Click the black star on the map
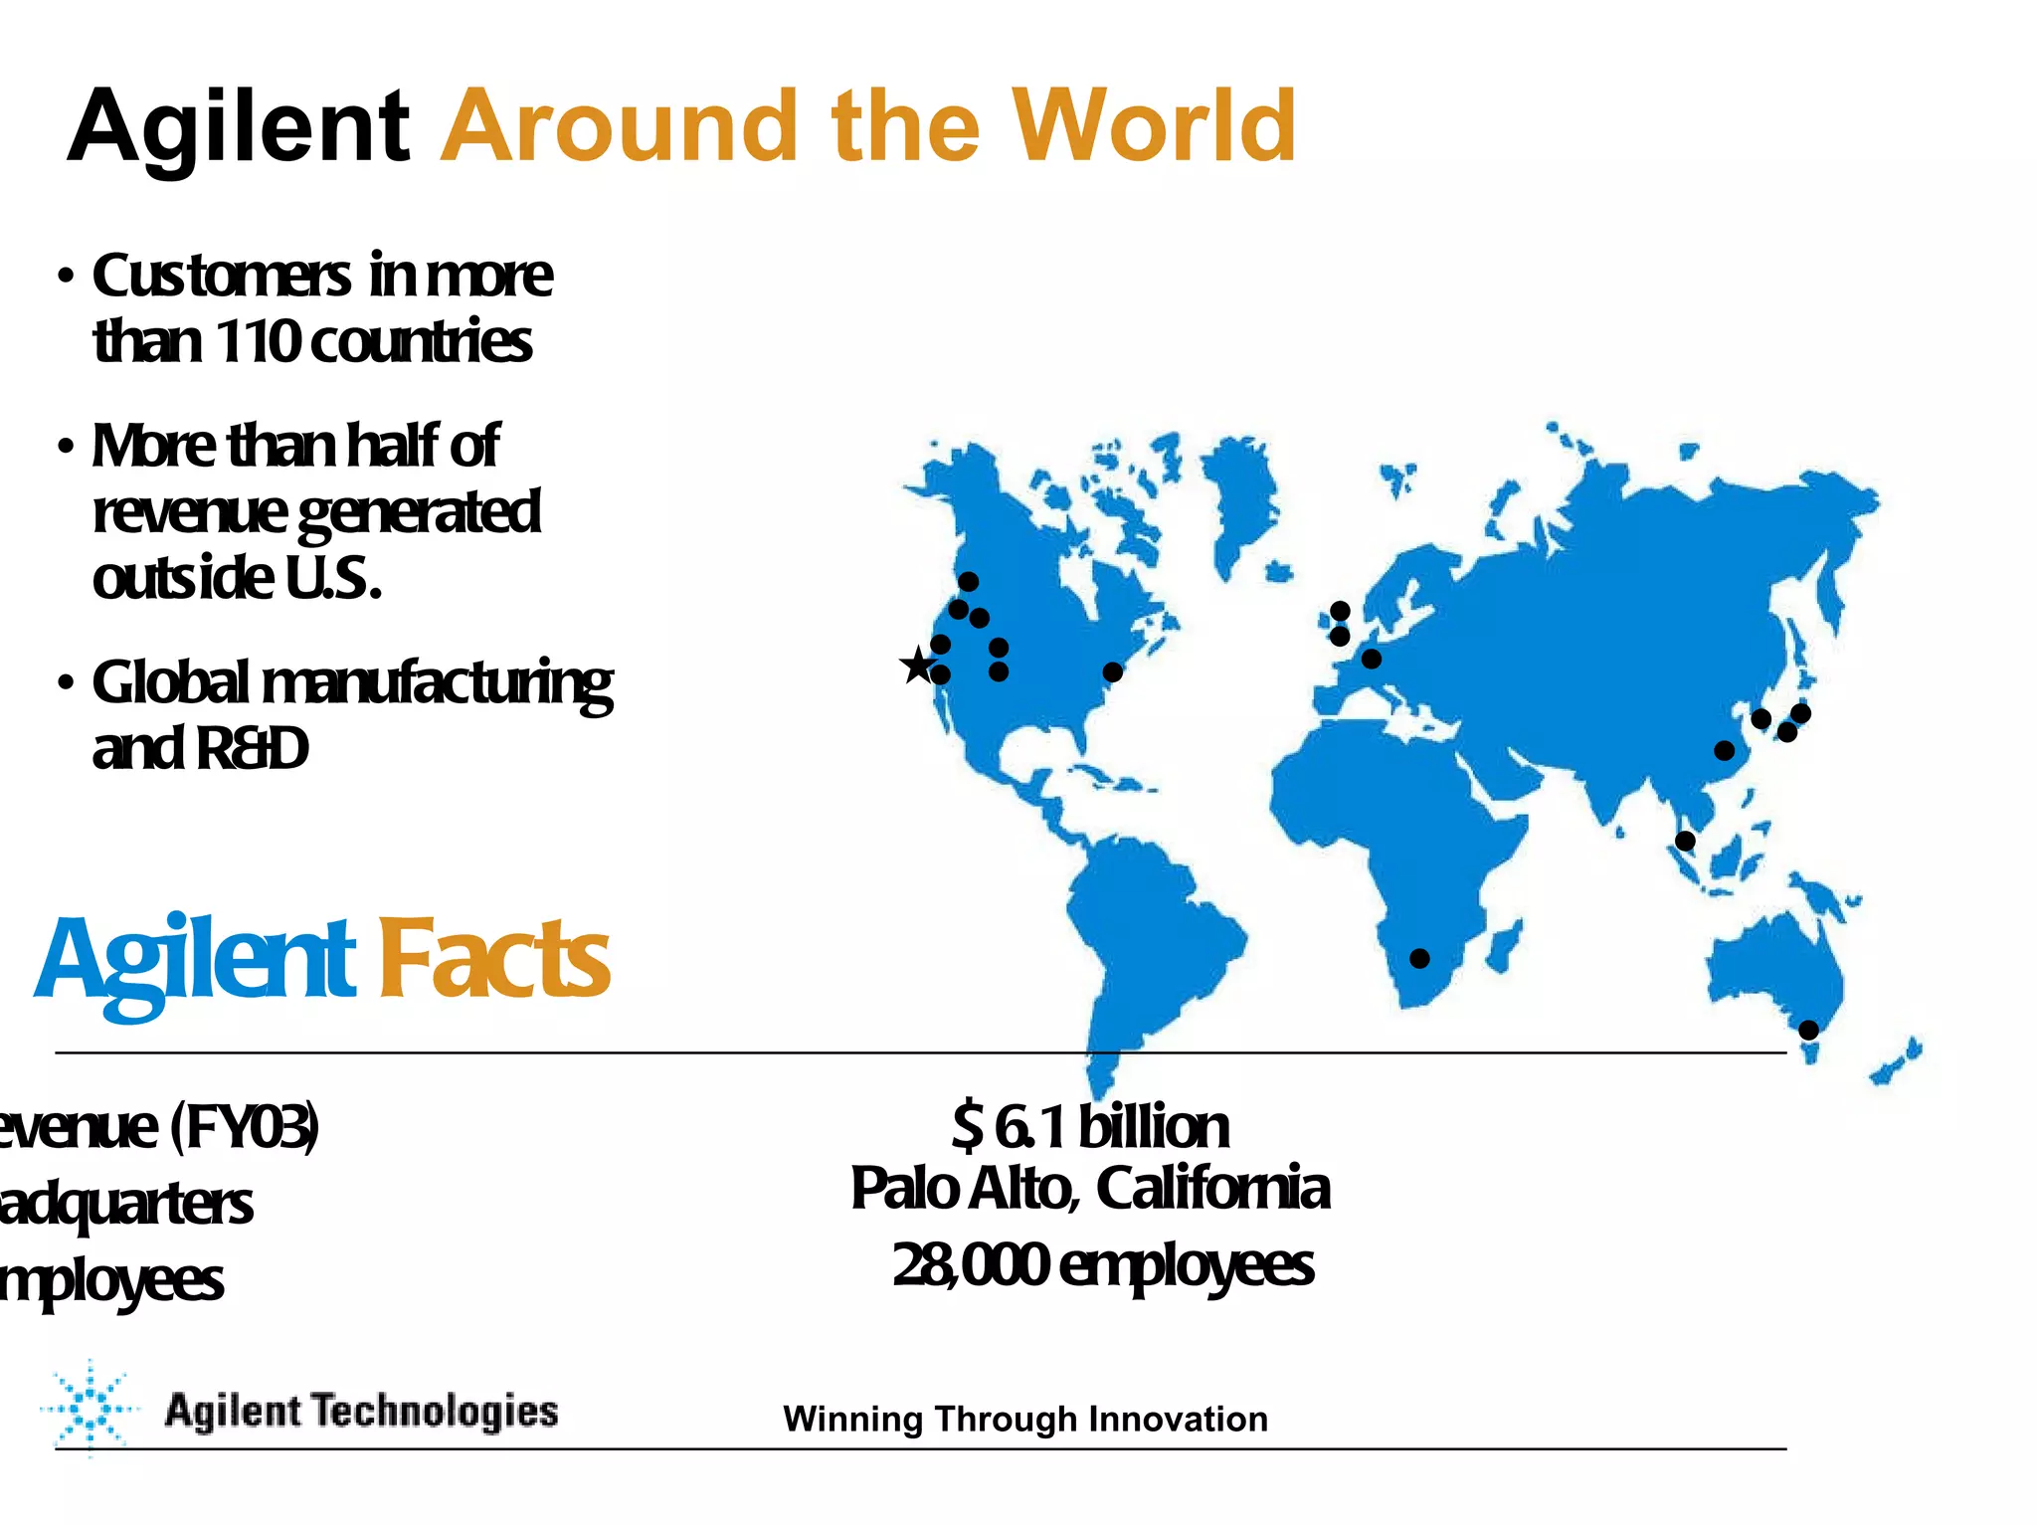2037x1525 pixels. coord(917,665)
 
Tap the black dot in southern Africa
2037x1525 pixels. coord(1419,958)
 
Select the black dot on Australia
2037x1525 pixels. coord(1808,1030)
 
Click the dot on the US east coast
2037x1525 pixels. coord(1112,672)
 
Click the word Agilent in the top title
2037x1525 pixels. coord(239,127)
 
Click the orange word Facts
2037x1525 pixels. coord(494,958)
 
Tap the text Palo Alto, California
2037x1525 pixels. coord(1090,1187)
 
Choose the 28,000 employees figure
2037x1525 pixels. coord(1102,1264)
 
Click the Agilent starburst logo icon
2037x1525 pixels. coord(89,1409)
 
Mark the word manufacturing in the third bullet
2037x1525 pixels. coord(436,683)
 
